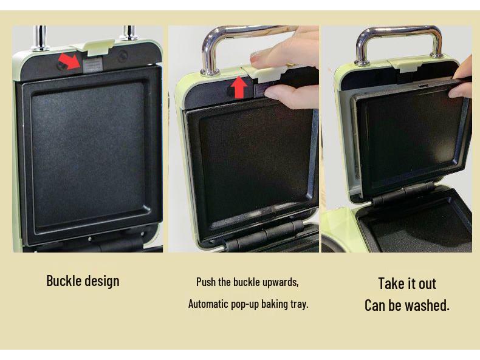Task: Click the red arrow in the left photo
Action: [70, 61]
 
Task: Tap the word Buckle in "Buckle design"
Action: [63, 280]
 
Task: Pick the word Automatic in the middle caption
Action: [208, 304]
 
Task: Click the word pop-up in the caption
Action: [245, 304]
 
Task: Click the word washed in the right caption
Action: [429, 305]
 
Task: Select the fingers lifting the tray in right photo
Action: [463, 76]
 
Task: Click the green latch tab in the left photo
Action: [92, 47]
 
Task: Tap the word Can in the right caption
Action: [375, 305]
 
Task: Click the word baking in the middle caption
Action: [273, 304]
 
